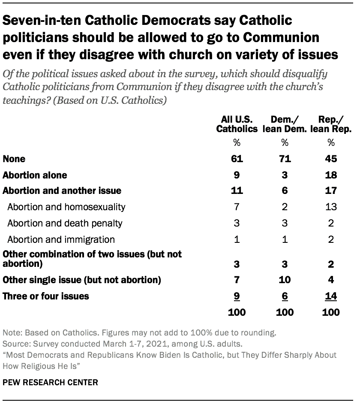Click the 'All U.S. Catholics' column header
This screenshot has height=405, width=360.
coord(237,124)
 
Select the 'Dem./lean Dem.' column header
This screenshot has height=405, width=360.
coord(285,124)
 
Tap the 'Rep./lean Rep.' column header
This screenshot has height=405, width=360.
coord(330,124)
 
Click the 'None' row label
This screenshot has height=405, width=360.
coord(14,159)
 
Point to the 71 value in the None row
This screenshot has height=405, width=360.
coord(285,159)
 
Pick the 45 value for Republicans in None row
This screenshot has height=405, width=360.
coord(330,159)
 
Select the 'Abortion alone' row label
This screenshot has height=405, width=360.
coord(35,175)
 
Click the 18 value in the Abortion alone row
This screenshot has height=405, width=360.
coord(330,175)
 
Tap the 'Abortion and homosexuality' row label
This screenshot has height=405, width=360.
coord(66,207)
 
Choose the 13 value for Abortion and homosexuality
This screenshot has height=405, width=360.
coord(330,207)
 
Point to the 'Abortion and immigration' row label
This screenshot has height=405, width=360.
coord(61,239)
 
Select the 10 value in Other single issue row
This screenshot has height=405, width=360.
coord(285,280)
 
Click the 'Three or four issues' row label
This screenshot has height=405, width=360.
coord(46,296)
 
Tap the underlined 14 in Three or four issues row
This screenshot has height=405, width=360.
coord(330,296)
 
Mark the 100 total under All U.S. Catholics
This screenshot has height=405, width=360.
coord(237,312)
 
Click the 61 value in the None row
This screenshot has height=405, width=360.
coord(237,159)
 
